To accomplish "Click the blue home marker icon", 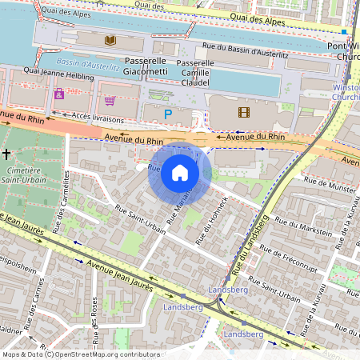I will point(180,173).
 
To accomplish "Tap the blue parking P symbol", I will point(167,114).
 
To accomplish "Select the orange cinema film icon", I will point(243,111).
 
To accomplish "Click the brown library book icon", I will point(110,39).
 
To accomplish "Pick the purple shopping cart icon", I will point(110,101).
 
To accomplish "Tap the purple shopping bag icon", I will point(59,94).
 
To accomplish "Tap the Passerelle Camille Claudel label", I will point(198,72).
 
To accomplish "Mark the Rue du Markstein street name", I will point(302,225).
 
